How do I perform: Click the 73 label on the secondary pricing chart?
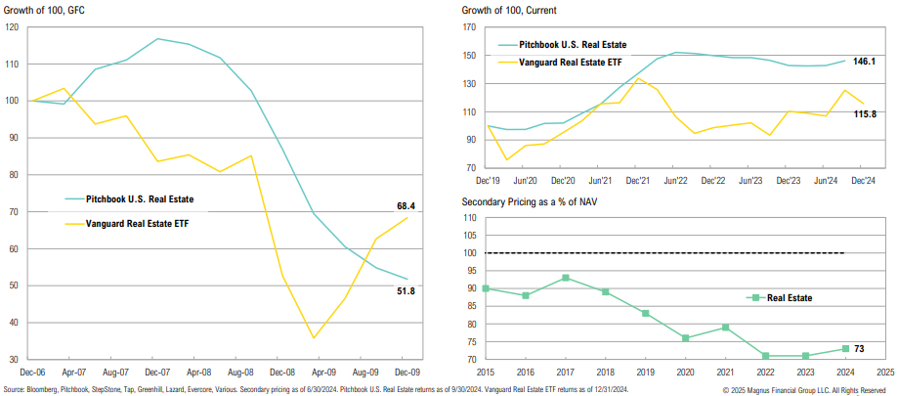tap(860, 349)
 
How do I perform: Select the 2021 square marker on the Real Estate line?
tap(723, 328)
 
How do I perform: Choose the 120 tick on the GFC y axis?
tap(11, 26)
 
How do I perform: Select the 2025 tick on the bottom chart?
tap(884, 373)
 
